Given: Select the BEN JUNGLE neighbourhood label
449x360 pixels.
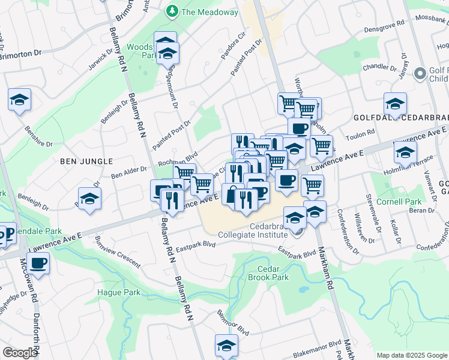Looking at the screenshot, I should pyautogui.click(x=86, y=161).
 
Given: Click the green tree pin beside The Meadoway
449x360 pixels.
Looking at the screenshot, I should pyautogui.click(x=172, y=11).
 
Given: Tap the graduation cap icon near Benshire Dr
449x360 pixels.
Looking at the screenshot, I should pyautogui.click(x=20, y=100).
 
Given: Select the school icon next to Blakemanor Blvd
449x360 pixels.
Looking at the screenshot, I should pyautogui.click(x=226, y=346).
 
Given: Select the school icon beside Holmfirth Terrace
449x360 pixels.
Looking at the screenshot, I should pyautogui.click(x=405, y=152).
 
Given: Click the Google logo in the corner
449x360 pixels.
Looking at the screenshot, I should pyautogui.click(x=20, y=353).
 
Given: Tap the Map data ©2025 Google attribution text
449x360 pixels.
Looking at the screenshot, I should pyautogui.click(x=411, y=355).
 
